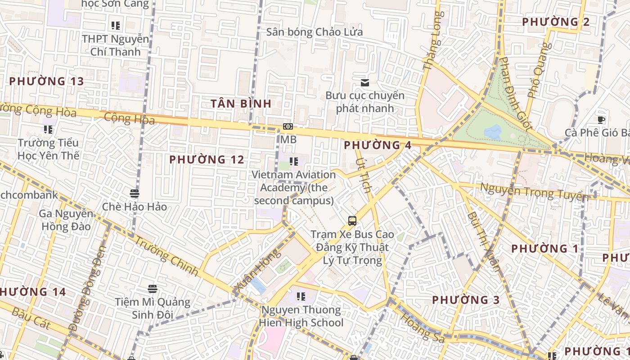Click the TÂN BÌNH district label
pos(241,104)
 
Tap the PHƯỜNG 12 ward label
pos(207,160)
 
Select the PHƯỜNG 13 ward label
pos(46,81)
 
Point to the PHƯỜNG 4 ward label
pos(378,145)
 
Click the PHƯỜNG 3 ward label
pos(466,300)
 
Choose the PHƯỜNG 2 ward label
pos(556,22)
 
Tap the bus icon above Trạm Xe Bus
pos(352,221)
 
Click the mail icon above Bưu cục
pos(365,82)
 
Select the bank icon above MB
pos(288,127)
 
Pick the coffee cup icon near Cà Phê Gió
pos(601,119)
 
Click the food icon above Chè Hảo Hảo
pos(134,193)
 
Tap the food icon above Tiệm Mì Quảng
pos(153,288)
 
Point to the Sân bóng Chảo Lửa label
pos(314,32)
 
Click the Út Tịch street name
pos(364,175)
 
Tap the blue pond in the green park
pos(493,132)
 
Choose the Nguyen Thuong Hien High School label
pos(301,316)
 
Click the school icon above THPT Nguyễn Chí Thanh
pos(116,26)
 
